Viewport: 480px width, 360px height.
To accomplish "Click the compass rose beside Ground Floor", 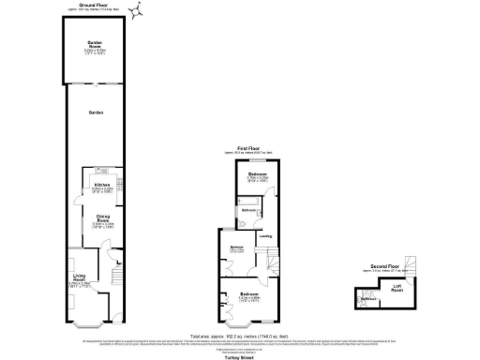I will (137, 11).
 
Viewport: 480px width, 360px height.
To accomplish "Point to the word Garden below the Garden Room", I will (95, 112).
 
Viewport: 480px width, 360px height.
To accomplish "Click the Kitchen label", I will (102, 186).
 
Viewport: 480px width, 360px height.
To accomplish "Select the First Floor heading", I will (247, 148).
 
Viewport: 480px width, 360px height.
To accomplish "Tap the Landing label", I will (266, 235).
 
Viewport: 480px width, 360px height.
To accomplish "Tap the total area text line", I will (240, 336).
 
